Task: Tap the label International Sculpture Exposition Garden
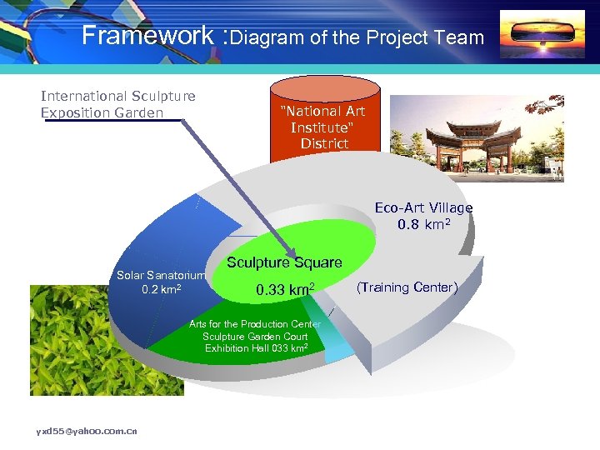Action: [x=117, y=104]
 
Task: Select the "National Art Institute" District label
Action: [x=323, y=127]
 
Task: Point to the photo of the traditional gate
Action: [x=477, y=137]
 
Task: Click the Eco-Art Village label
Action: [x=423, y=207]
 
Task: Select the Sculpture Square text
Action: [x=284, y=262]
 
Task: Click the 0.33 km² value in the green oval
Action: [x=284, y=290]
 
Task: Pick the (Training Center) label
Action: [x=407, y=287]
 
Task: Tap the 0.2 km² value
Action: [x=162, y=289]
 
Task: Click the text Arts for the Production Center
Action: [x=254, y=323]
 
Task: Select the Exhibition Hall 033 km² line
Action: [x=257, y=348]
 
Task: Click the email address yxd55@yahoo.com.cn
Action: [x=87, y=431]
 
